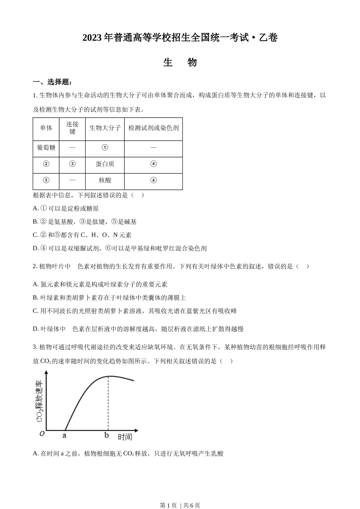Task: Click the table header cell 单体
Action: tap(46, 128)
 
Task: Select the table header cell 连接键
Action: tap(72, 128)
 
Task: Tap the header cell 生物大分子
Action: tap(105, 128)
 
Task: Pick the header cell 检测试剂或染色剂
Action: tap(153, 128)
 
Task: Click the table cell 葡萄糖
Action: tap(46, 147)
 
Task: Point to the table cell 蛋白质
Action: tap(105, 164)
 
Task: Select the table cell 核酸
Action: tap(105, 181)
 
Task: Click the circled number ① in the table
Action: tap(105, 147)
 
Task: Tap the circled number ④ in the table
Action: tap(153, 164)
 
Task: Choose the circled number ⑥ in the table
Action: tap(153, 181)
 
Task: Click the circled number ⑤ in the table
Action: tap(46, 181)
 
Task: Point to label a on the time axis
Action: tap(64, 436)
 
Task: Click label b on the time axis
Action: tap(107, 436)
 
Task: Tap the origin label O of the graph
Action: tap(42, 434)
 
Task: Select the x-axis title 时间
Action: tap(125, 437)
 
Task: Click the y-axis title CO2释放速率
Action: tap(39, 401)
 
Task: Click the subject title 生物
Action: tap(180, 62)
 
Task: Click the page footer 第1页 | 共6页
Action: tap(180, 505)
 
